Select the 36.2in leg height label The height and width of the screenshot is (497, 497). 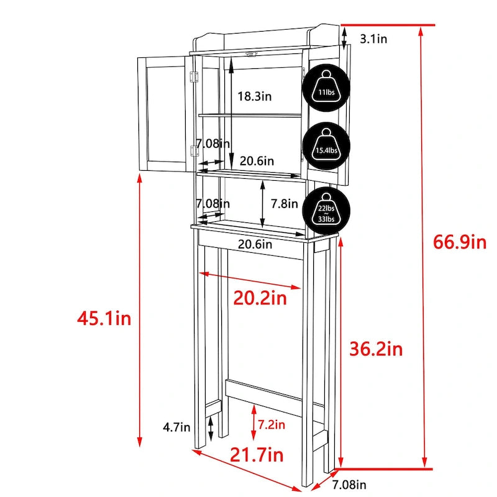point(376,349)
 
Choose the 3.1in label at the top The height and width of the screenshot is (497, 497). point(374,39)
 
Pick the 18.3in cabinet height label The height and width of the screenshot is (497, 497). point(255,96)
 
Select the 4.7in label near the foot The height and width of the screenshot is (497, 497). point(176,427)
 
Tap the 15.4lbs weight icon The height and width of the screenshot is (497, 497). point(326,146)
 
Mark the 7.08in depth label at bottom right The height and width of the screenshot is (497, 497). point(349,484)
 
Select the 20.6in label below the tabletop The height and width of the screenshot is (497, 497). point(255,244)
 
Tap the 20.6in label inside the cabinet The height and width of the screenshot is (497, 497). point(257,161)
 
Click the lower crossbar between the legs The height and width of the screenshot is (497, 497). point(273,396)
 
